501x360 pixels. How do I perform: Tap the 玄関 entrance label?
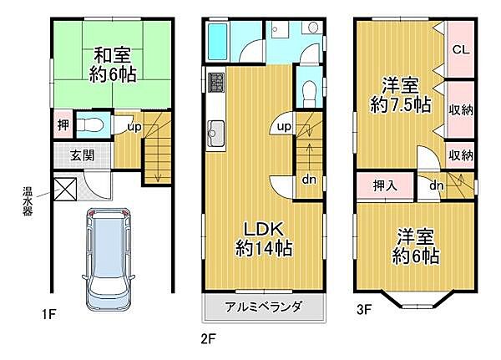(x=81, y=155)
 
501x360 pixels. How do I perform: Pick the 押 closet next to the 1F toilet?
(x=63, y=124)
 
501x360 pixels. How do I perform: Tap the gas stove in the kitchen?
(x=215, y=83)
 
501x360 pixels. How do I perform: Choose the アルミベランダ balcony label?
(x=263, y=307)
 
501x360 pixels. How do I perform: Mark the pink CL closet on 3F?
(x=460, y=49)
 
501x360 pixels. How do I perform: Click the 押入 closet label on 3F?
(x=379, y=185)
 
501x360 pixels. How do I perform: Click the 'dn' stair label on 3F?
(x=435, y=185)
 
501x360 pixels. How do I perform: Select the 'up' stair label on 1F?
(x=133, y=127)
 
